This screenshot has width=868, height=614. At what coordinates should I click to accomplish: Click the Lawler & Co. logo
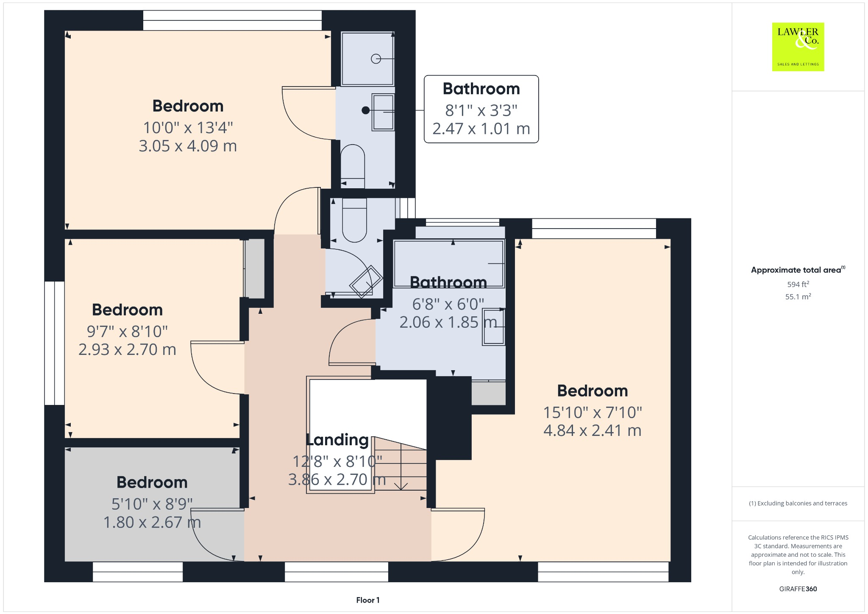click(798, 47)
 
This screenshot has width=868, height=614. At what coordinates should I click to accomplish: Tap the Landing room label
click(337, 440)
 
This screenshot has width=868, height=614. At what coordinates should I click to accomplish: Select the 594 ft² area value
click(798, 285)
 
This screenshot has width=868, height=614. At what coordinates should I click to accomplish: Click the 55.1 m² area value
click(798, 297)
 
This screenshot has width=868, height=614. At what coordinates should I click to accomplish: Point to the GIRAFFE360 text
click(798, 589)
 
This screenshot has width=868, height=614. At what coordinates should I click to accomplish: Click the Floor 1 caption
click(367, 600)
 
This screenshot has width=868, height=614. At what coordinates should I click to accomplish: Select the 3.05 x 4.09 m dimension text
click(188, 146)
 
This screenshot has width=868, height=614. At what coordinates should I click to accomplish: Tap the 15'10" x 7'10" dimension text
click(592, 412)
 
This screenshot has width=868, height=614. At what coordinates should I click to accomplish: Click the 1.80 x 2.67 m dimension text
click(152, 522)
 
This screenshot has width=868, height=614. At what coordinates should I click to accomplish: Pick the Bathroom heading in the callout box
click(481, 89)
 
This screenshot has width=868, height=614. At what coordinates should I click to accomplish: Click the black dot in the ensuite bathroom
click(365, 110)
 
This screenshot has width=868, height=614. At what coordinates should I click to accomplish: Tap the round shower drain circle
click(376, 59)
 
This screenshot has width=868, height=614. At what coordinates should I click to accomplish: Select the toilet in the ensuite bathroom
click(353, 163)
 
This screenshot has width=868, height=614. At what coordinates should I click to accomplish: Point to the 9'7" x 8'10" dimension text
click(127, 332)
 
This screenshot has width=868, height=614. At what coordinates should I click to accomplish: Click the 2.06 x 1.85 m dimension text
click(448, 322)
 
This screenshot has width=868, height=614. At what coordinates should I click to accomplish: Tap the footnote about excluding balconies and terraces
click(798, 503)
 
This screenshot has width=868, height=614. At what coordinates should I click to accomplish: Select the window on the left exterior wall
click(54, 343)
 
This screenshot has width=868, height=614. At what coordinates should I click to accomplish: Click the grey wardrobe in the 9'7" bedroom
click(255, 268)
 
